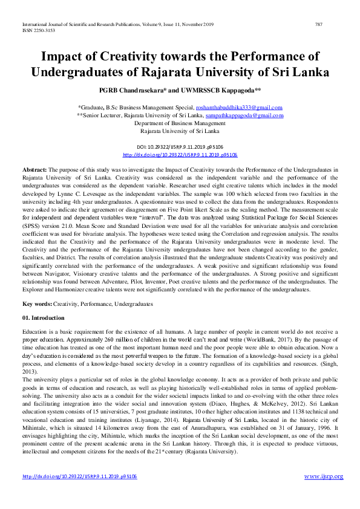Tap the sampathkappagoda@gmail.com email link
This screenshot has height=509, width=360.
click(244, 115)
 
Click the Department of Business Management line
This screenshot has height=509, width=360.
click(180, 123)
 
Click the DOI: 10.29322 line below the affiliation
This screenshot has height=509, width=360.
click(180, 147)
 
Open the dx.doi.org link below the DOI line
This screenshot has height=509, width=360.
click(180, 155)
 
